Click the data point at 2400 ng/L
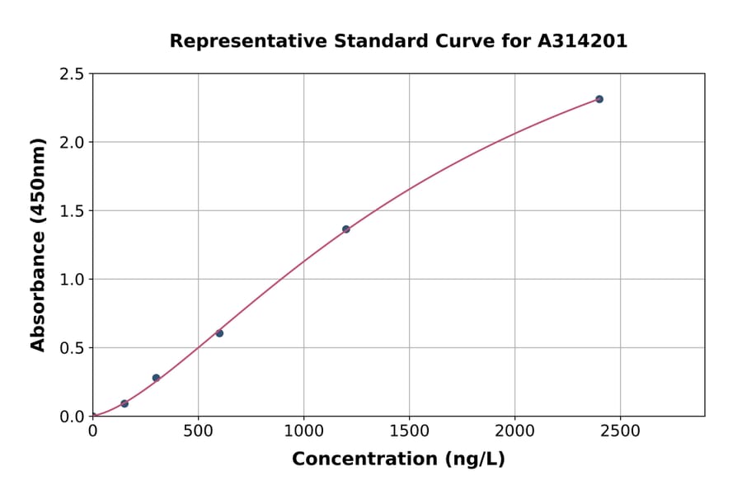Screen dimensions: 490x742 coord(599,99)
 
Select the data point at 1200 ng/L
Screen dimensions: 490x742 coord(346,229)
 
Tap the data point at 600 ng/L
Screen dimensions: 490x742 coord(219,333)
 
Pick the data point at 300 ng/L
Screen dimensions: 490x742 coord(156,378)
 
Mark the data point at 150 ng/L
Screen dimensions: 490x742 coord(124,403)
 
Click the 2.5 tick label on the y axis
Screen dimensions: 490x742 coord(72,74)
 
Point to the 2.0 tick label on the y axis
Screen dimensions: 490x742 coord(72,143)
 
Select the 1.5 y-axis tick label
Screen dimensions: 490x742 coord(72,211)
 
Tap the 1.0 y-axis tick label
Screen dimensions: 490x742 coord(72,280)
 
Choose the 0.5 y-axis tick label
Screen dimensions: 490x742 coord(72,348)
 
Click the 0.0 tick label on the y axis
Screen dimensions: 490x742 coord(72,417)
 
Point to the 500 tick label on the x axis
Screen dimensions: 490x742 coord(198,431)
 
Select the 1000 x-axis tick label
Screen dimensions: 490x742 coord(303,431)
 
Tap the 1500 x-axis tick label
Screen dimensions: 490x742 coord(409,431)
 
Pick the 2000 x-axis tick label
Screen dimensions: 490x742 coord(514,431)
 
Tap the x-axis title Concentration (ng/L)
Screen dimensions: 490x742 coord(398,459)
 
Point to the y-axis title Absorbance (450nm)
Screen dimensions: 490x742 coord(38,244)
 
